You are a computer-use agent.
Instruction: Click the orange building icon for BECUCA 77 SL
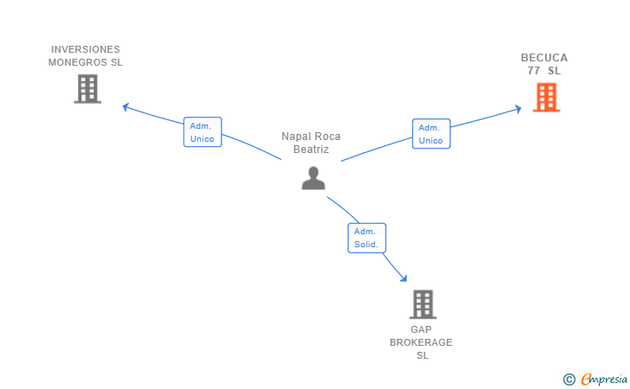(x=546, y=97)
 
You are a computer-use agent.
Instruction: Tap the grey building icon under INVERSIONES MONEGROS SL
(x=87, y=89)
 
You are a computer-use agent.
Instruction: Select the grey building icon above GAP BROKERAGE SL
(x=423, y=304)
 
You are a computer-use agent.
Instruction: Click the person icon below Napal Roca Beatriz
(x=313, y=178)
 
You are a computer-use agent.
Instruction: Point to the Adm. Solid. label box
(x=367, y=238)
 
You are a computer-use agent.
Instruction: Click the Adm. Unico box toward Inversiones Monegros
(x=202, y=132)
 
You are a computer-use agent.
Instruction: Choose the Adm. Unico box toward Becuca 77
(x=431, y=134)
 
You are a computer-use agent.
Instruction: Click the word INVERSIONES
(x=86, y=49)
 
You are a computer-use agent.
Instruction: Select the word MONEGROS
(x=78, y=62)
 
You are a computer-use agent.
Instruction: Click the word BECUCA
(x=544, y=58)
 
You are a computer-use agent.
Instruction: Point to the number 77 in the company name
(x=534, y=71)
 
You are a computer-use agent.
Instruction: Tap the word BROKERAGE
(x=421, y=342)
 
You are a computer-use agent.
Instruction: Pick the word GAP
(x=421, y=329)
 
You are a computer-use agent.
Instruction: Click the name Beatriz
(x=311, y=150)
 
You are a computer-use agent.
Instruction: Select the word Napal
(x=295, y=137)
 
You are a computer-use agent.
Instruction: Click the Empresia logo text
(x=604, y=379)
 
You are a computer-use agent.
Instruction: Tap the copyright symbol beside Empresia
(x=569, y=379)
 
